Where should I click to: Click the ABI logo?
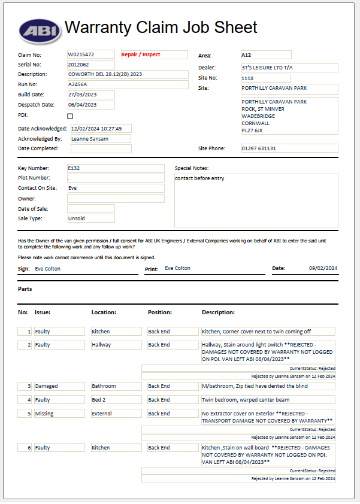38,29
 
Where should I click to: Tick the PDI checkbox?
70,116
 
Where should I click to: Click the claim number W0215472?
90,54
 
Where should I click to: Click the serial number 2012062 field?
90,65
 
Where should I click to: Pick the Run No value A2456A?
90,85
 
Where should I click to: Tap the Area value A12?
265,55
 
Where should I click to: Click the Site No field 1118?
265,78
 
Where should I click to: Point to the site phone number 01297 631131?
289,148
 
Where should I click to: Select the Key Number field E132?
115,168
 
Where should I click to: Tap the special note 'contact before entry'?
199,178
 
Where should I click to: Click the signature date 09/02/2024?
323,268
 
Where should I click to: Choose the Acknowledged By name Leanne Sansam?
100,139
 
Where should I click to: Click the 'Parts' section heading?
25,289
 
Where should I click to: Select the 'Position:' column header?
160,312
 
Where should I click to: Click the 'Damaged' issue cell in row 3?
59,386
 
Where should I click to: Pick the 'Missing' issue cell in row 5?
59,414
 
